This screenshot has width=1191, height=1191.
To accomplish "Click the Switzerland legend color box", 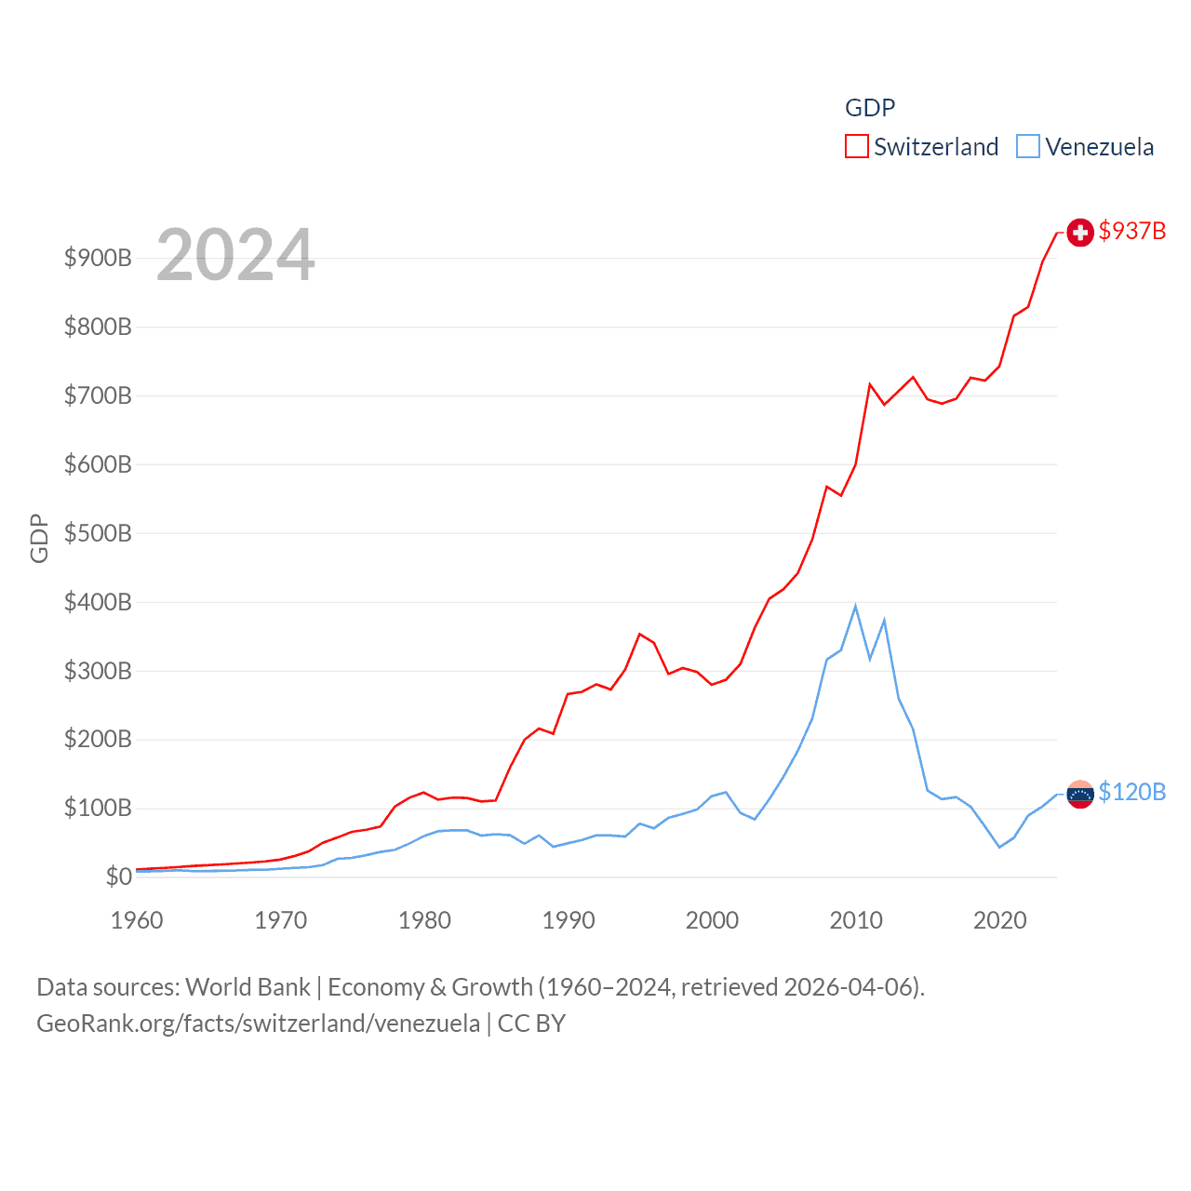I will tap(856, 147).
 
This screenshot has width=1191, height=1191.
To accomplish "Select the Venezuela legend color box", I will tap(1027, 147).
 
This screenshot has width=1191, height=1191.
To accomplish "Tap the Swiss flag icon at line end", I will tap(1079, 233).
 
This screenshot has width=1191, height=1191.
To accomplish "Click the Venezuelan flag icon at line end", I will tap(1079, 794).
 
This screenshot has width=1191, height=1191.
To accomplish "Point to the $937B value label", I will tap(1131, 231).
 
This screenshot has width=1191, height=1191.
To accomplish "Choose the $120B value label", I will tap(1131, 792).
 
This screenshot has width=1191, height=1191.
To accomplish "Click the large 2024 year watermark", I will tap(235, 255).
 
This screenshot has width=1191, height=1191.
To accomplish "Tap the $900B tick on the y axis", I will tap(98, 258).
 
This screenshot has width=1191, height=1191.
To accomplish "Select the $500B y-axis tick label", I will tap(98, 533).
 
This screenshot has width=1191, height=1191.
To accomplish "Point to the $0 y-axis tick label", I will tap(118, 877).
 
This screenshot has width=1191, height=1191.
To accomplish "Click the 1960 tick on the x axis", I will tap(137, 920).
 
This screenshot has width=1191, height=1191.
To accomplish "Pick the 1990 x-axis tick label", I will tap(569, 920).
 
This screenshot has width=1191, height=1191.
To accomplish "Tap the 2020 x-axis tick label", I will tap(1000, 920).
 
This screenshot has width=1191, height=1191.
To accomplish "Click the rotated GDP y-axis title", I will tap(39, 538).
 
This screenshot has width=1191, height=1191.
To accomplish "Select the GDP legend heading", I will tap(870, 108).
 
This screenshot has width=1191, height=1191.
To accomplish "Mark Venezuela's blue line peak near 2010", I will tap(855, 607).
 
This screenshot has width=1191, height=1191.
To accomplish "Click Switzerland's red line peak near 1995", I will tap(639, 635).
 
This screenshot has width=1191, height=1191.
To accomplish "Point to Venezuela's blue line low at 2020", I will tap(999, 847).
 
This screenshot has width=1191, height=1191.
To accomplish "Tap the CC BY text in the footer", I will tap(531, 1024).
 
